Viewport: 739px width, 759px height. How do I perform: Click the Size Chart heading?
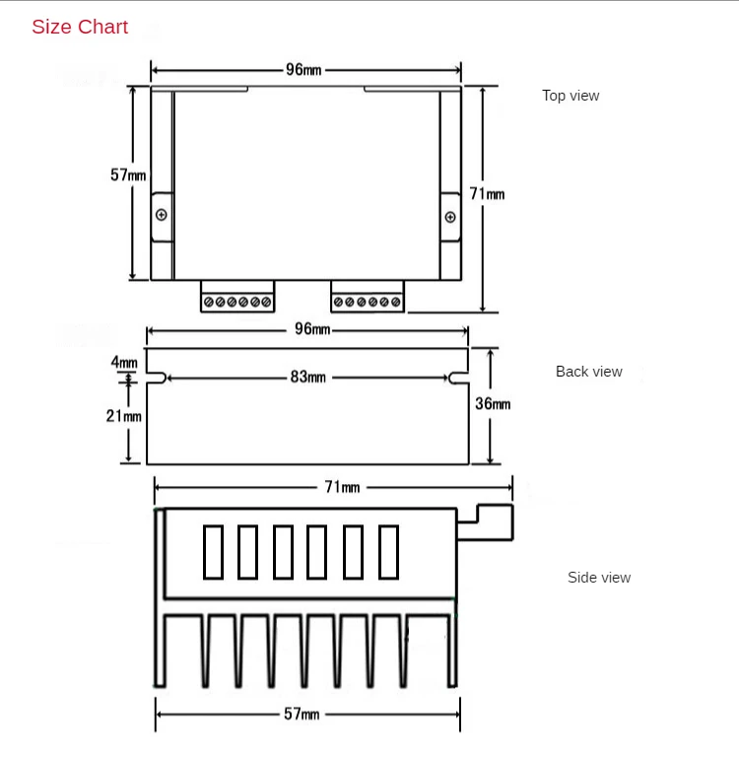(x=80, y=28)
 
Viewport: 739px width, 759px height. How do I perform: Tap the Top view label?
(x=571, y=96)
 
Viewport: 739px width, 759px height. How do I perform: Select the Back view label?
(x=588, y=372)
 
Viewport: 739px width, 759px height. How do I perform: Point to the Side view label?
(x=599, y=578)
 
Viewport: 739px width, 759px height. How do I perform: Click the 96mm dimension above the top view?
(x=303, y=70)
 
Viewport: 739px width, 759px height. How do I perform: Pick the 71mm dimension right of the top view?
(x=487, y=194)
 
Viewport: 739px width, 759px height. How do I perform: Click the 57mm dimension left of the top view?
(x=128, y=174)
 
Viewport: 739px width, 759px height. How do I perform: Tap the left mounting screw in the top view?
(x=162, y=215)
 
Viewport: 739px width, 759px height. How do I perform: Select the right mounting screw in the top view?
(x=450, y=216)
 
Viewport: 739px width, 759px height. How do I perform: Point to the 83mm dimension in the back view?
(x=307, y=378)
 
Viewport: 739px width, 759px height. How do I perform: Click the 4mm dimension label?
(x=124, y=362)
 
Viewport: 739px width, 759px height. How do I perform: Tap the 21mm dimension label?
(x=124, y=416)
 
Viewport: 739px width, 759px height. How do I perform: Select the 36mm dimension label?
(x=493, y=404)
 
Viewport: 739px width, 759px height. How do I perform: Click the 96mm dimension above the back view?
(x=312, y=329)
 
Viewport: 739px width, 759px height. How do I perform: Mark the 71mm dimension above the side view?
(x=342, y=487)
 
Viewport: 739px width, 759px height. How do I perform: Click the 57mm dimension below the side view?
(x=302, y=714)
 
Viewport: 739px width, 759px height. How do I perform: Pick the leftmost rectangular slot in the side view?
(x=214, y=552)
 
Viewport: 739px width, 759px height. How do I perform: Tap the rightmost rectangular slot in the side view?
(x=389, y=552)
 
